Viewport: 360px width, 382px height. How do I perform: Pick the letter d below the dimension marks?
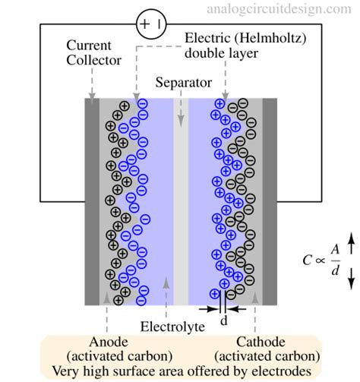point(223,321)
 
